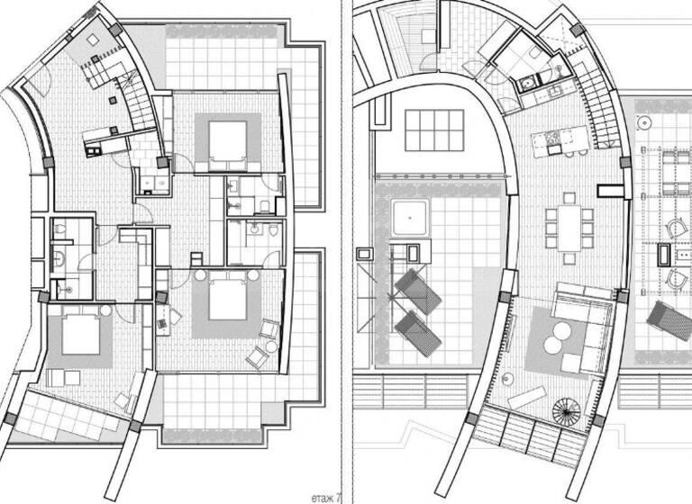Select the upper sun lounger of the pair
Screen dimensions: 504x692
pos(418,291)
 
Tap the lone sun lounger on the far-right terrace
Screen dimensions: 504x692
pos(670,320)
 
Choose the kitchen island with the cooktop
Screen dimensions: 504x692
pos(560,139)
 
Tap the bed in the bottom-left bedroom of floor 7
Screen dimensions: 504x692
pos(78,337)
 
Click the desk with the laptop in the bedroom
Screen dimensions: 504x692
pos(164,319)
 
